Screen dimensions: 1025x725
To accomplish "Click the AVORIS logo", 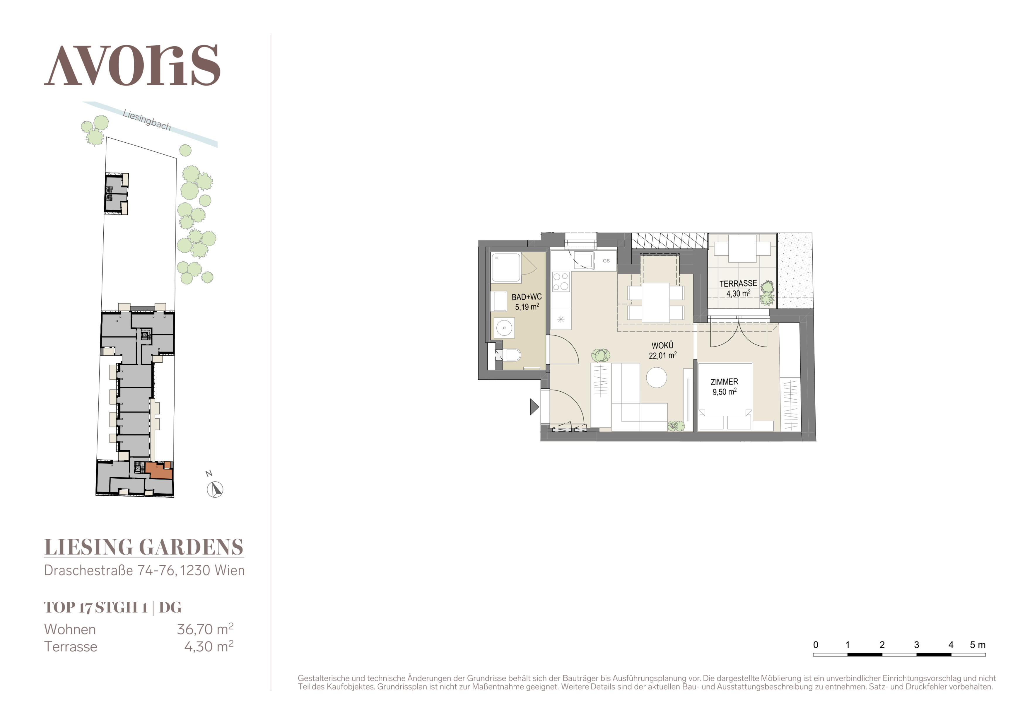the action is [x=132, y=65].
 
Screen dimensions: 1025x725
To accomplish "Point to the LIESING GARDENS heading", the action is [x=144, y=547].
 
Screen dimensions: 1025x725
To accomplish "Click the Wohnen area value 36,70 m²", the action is [x=205, y=629].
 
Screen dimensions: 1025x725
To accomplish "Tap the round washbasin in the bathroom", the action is [x=504, y=328].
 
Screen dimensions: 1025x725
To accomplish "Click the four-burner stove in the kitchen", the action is [x=561, y=281].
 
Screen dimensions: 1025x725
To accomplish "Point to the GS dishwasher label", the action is [x=606, y=261].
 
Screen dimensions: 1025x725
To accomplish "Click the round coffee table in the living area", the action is [x=657, y=377].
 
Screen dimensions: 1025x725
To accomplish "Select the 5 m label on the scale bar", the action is [x=978, y=645].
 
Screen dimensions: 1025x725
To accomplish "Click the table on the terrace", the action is [x=742, y=249].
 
